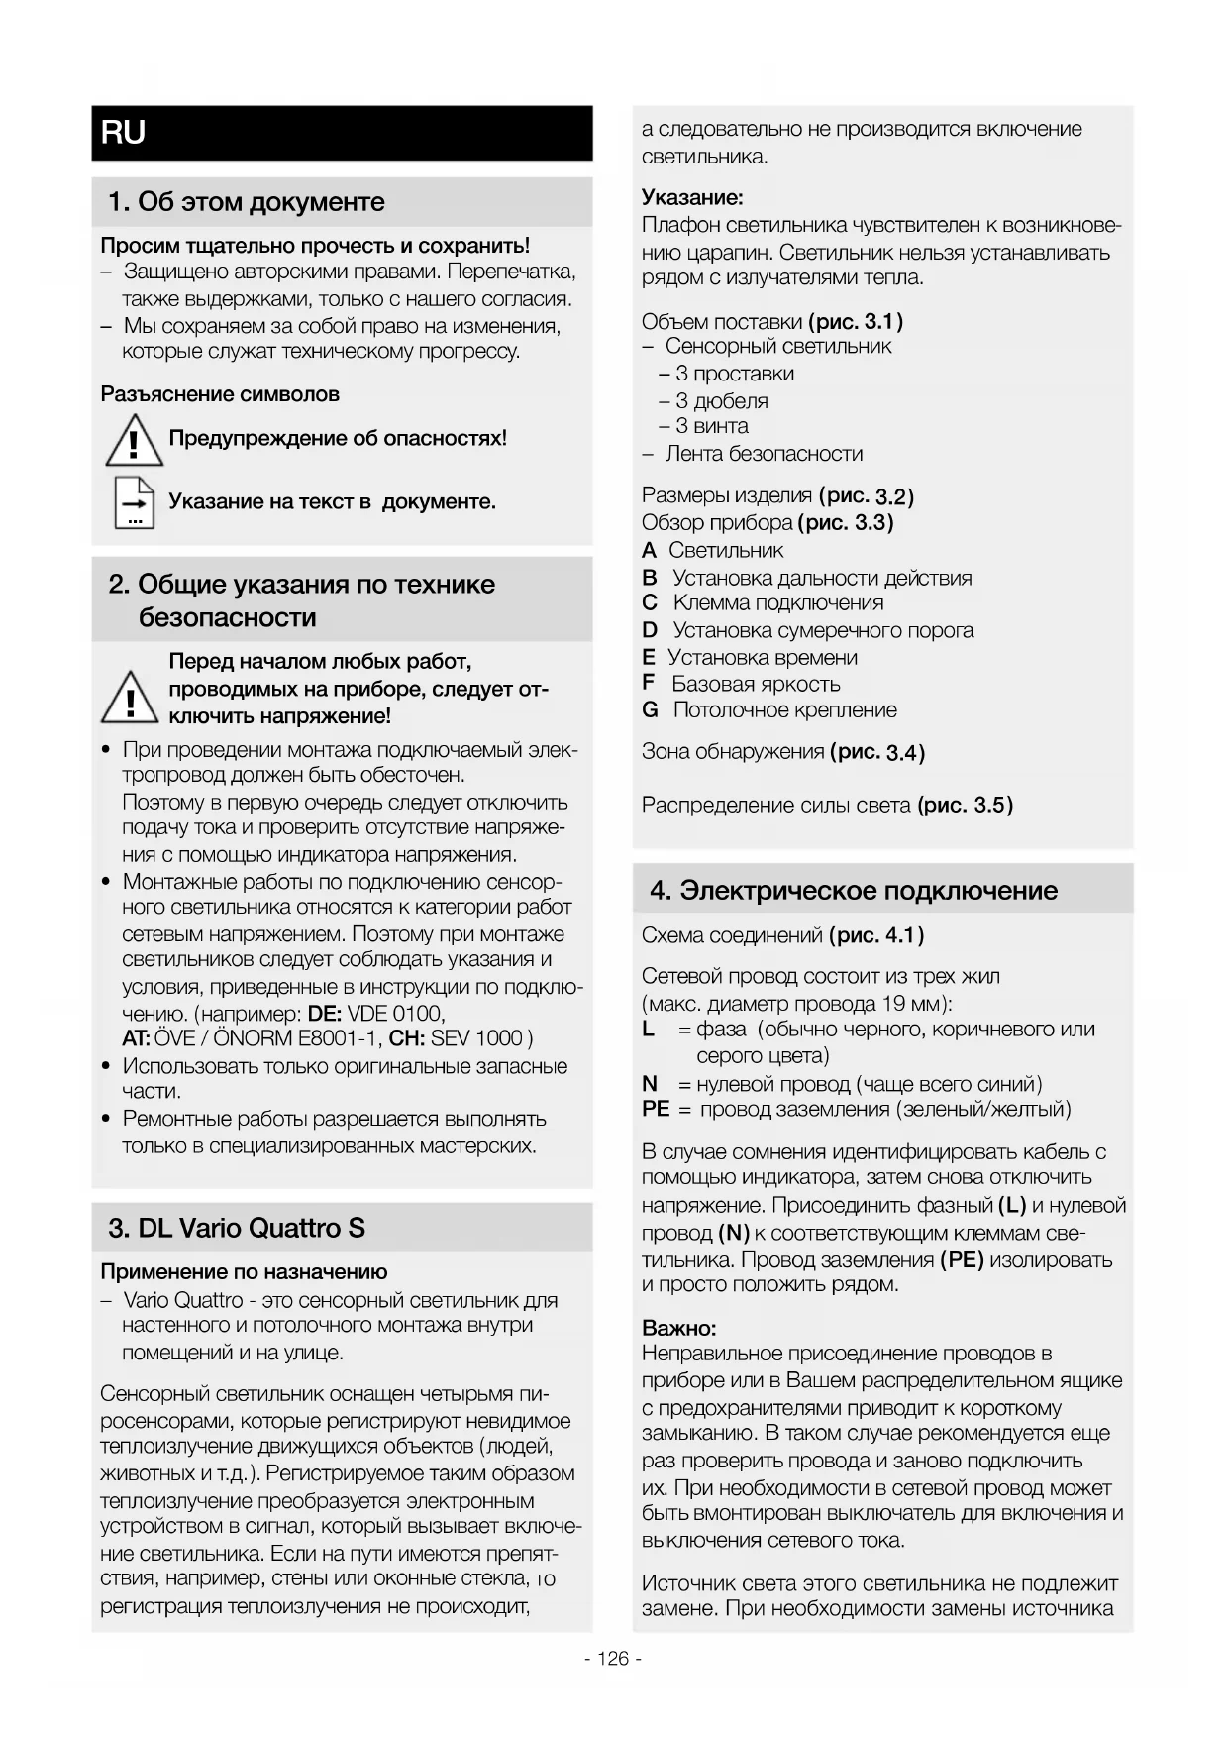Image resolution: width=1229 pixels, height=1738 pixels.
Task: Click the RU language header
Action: click(124, 132)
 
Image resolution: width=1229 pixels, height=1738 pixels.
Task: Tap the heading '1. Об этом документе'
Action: click(247, 202)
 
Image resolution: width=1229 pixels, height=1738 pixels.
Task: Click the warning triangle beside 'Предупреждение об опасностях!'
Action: click(134, 441)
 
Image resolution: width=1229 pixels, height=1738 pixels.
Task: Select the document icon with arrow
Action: click(134, 503)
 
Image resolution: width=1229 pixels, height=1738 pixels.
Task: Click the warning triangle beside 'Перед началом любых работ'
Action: click(130, 697)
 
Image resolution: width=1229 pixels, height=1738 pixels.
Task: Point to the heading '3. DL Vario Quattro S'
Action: click(237, 1229)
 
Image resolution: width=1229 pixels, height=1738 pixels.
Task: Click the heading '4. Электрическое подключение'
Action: click(854, 890)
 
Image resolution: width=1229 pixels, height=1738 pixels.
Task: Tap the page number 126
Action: click(613, 1659)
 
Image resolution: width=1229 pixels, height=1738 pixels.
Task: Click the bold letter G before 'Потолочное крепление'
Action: click(650, 710)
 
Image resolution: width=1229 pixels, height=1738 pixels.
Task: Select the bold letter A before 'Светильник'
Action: click(649, 550)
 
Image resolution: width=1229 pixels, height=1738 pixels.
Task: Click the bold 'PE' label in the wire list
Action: click(656, 1109)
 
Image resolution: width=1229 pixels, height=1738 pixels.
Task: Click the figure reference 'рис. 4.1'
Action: click(876, 935)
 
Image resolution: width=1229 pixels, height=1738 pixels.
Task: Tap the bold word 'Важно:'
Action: click(678, 1328)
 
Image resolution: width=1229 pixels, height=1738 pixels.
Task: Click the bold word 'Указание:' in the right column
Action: click(692, 197)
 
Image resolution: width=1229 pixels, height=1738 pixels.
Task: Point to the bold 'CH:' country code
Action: click(407, 1038)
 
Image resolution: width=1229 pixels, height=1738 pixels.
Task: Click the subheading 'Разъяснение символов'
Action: click(220, 394)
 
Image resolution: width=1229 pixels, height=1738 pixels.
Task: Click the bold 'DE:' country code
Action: click(325, 1014)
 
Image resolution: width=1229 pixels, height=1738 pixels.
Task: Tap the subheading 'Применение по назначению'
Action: click(244, 1272)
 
